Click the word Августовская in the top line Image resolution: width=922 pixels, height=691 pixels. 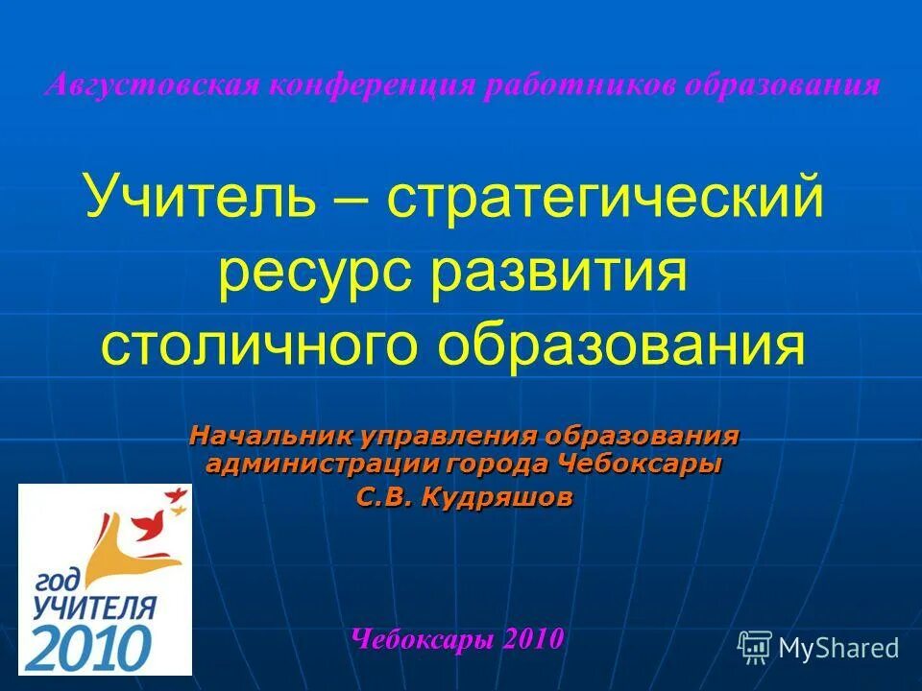pyautogui.click(x=152, y=84)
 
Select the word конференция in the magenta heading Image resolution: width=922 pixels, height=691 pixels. pyautogui.click(x=373, y=84)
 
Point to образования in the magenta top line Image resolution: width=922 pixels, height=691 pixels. pyautogui.click(x=783, y=84)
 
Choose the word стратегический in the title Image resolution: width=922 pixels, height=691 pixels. pyautogui.click(x=605, y=197)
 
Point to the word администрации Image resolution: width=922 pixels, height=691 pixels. pyautogui.click(x=321, y=466)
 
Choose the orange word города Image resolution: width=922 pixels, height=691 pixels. pyautogui.click(x=497, y=466)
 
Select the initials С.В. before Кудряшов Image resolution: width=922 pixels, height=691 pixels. pyautogui.click(x=384, y=498)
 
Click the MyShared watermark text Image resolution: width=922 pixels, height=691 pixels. pyautogui.click(x=838, y=648)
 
